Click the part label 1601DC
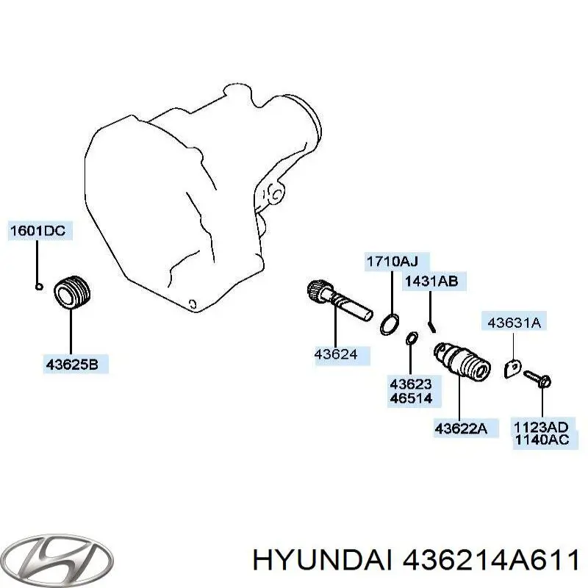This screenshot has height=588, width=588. pos(37,231)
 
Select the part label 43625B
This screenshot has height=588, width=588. pos(71,363)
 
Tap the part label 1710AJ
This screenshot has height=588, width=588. pos(393,261)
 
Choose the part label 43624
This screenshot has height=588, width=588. pos(336,354)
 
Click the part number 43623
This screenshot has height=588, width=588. pos(411,384)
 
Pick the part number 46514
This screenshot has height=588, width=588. pos(411,398)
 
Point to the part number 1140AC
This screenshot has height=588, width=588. pos(541,441)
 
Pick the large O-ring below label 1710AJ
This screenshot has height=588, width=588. pos(391,323)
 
